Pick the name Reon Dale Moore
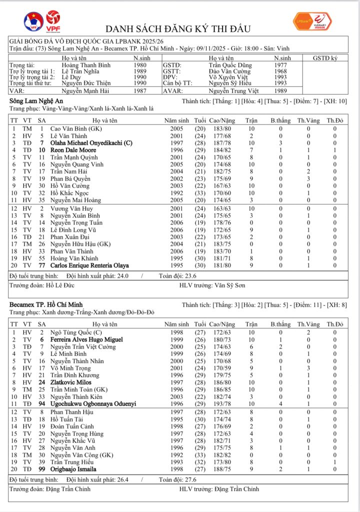(73, 150)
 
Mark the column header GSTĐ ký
(325, 58)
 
